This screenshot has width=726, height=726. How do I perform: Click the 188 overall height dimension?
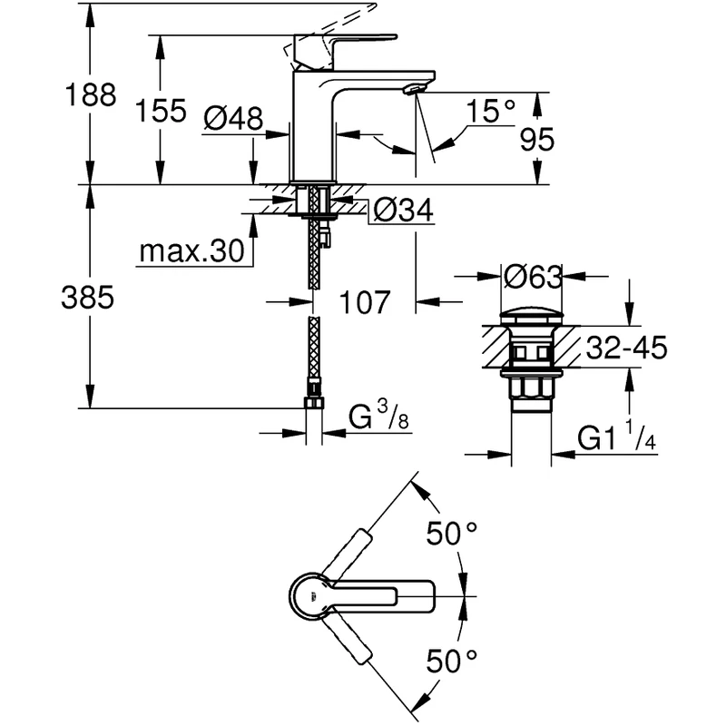point(90,95)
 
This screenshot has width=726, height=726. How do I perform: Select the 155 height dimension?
point(161,112)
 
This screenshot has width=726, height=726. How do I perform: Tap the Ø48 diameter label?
point(233,118)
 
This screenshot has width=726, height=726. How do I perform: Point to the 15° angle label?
point(491,112)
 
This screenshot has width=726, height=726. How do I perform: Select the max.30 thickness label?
point(193,251)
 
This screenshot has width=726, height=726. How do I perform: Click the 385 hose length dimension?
point(88,298)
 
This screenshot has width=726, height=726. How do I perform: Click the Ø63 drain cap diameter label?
point(532,274)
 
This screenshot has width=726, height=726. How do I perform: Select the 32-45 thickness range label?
point(625,348)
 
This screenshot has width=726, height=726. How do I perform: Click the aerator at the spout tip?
point(414,89)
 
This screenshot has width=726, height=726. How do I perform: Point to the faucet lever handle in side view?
point(345,42)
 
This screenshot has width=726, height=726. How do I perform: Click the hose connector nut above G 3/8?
point(313,402)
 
